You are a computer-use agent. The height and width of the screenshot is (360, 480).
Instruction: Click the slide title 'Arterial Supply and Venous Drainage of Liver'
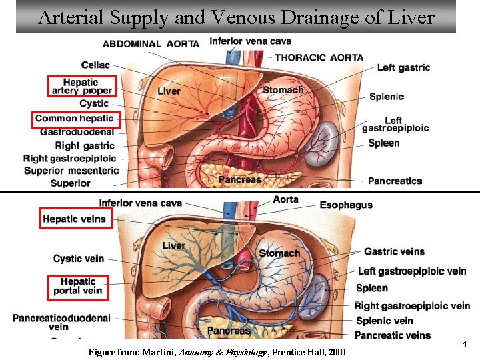[236, 17]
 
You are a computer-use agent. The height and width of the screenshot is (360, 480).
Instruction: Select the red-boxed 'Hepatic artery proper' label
[82, 87]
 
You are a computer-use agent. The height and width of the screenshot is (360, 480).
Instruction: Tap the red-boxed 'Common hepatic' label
[75, 119]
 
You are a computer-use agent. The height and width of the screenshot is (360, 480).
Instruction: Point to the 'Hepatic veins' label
[75, 219]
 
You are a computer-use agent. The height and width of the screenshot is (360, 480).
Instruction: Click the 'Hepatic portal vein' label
[77, 286]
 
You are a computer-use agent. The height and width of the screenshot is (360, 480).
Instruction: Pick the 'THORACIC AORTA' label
[319, 57]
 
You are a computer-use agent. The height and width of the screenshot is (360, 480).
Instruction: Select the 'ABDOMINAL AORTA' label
[151, 44]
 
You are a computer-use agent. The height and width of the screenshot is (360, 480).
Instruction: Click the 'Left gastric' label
[403, 67]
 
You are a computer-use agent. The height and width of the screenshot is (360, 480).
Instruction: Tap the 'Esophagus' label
[346, 205]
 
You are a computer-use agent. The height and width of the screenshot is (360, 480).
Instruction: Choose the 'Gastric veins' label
[394, 251]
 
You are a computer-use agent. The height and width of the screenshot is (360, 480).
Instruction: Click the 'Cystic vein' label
[79, 259]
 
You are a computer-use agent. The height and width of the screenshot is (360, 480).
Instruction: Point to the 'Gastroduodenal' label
[77, 132]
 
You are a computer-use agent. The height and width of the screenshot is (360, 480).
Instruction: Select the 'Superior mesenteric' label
[71, 171]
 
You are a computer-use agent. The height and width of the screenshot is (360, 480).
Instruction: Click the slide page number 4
[464, 344]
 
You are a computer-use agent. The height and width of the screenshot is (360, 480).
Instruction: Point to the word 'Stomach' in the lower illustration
[279, 253]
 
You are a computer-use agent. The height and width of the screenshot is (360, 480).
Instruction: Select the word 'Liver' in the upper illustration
[169, 91]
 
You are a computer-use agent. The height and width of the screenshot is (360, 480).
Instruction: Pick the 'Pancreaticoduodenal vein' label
[61, 323]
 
